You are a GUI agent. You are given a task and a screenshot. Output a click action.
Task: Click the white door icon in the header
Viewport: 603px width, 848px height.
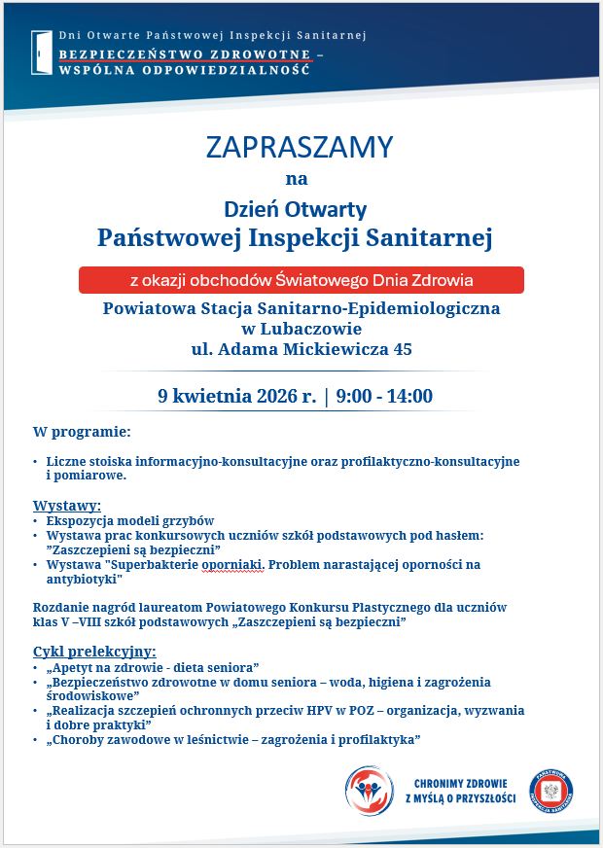click(42, 52)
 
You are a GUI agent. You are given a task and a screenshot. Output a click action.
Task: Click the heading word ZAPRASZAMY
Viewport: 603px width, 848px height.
click(300, 147)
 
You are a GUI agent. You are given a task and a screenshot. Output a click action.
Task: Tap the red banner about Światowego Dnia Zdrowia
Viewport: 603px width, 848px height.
click(301, 280)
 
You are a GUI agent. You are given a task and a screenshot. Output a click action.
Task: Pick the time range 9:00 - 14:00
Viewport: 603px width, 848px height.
click(384, 396)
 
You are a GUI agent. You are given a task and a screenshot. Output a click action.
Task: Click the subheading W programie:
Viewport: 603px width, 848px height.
click(82, 431)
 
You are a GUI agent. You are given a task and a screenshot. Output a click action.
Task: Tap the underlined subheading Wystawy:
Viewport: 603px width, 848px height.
click(67, 506)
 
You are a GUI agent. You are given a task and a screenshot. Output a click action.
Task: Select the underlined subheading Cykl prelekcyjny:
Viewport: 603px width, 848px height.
click(94, 652)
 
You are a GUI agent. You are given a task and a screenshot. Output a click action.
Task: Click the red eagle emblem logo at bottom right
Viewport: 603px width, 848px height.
click(550, 791)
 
